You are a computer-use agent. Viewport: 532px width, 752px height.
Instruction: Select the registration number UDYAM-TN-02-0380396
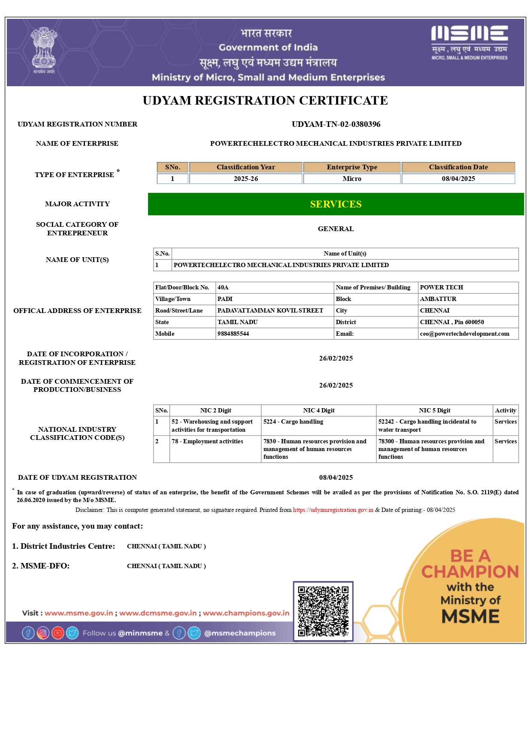click(x=336, y=124)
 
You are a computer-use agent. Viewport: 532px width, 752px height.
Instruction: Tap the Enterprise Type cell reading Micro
click(x=352, y=179)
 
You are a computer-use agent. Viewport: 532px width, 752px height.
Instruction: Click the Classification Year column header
click(x=246, y=167)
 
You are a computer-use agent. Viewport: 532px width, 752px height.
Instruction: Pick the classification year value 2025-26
click(x=246, y=179)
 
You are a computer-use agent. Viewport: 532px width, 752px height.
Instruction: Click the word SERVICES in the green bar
click(x=336, y=205)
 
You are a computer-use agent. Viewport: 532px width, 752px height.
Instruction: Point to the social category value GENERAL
click(x=336, y=229)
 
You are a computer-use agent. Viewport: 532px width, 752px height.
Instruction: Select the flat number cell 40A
click(x=223, y=288)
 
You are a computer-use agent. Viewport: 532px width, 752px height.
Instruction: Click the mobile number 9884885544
click(x=233, y=334)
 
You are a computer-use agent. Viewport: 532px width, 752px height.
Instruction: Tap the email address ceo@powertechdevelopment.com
click(x=465, y=334)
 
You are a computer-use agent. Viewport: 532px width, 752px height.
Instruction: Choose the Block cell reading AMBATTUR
click(x=438, y=299)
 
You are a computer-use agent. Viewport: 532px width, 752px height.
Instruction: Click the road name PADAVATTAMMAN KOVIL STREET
click(x=270, y=311)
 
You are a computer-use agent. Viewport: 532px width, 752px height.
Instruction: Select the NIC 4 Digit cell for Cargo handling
click(x=293, y=422)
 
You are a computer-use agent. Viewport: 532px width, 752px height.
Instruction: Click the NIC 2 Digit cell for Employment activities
click(x=207, y=442)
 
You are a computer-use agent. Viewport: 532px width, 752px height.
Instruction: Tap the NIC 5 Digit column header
click(x=435, y=411)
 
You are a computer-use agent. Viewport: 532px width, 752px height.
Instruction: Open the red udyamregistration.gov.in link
click(x=333, y=510)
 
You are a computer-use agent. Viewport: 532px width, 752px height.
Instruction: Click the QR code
click(x=323, y=611)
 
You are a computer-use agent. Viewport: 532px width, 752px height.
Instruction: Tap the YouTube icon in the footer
click(x=58, y=633)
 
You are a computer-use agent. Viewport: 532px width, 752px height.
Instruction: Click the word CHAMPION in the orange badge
click(x=470, y=572)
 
